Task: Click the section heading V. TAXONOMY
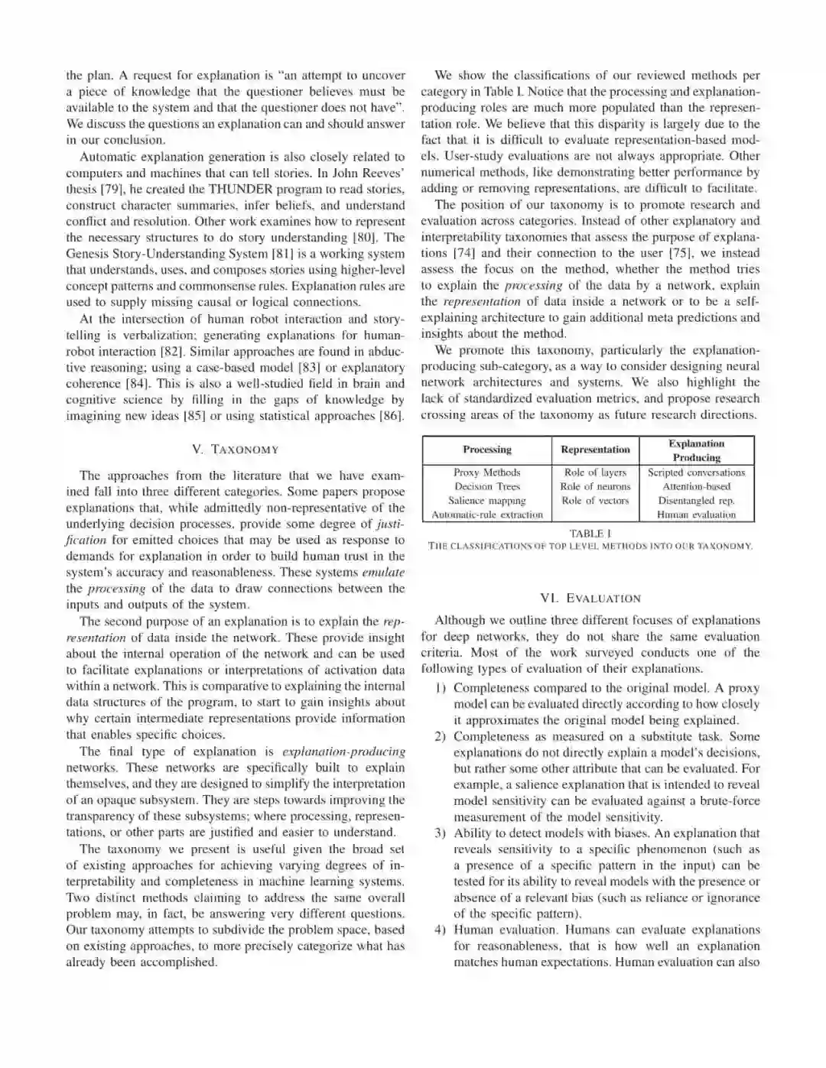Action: pyautogui.click(x=235, y=450)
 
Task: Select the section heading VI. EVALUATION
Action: pyautogui.click(x=590, y=598)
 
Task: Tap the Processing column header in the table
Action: pyautogui.click(x=487, y=450)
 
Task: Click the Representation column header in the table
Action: pyautogui.click(x=595, y=450)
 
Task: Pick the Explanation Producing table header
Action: pyautogui.click(x=696, y=450)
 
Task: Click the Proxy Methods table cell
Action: pyautogui.click(x=487, y=472)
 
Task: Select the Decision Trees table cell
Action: pyautogui.click(x=487, y=486)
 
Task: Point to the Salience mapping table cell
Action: pyautogui.click(x=487, y=501)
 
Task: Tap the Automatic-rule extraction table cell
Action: pyautogui.click(x=487, y=515)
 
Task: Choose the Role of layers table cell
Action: pyautogui.click(x=595, y=472)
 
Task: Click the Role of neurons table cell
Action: pyautogui.click(x=595, y=486)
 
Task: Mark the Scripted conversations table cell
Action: pyautogui.click(x=696, y=472)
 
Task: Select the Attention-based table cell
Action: pyautogui.click(x=696, y=486)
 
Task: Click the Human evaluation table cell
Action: pyautogui.click(x=696, y=515)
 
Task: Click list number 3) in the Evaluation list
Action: pyautogui.click(x=440, y=833)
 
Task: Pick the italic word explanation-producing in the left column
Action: pyautogui.click(x=343, y=751)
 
